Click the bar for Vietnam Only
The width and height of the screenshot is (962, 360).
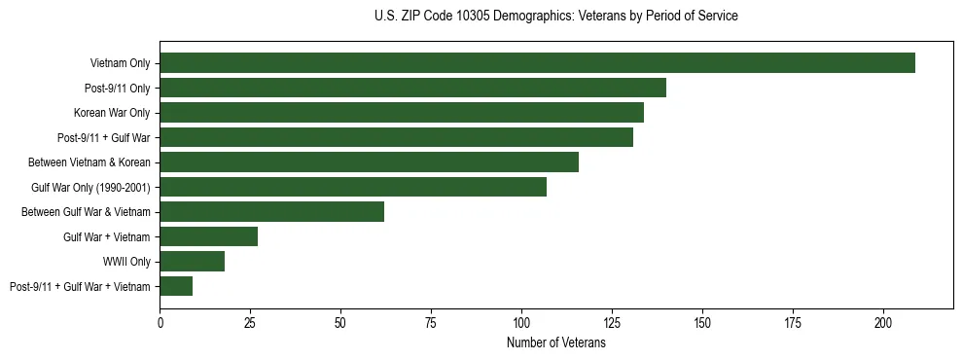537,63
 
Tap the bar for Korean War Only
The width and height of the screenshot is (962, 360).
402,113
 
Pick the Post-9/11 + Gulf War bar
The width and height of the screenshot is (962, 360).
396,137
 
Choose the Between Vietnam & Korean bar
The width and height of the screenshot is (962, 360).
369,162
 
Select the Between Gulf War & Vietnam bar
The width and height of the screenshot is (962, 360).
271,212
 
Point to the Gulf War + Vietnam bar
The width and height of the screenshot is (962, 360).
208,236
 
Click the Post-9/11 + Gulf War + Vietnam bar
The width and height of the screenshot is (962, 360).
176,286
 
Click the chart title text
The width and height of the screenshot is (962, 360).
555,16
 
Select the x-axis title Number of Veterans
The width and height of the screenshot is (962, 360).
555,343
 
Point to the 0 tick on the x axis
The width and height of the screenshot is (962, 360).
160,322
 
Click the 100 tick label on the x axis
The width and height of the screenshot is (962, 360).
521,322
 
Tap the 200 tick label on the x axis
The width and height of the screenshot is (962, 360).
883,322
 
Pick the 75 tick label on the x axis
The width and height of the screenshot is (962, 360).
431,322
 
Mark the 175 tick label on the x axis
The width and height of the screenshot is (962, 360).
793,322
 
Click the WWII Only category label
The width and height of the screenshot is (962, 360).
126,262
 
